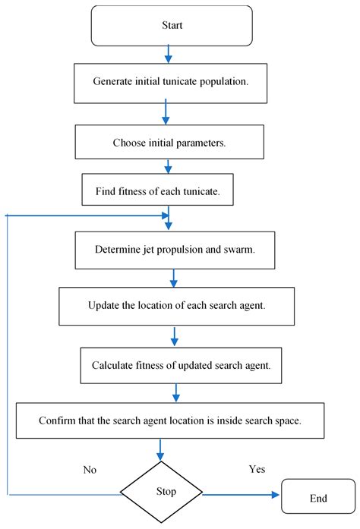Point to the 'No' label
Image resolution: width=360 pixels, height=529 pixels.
(90, 470)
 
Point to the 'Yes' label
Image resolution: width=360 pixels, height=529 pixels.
(257, 469)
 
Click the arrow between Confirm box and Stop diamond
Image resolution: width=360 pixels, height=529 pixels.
(160, 449)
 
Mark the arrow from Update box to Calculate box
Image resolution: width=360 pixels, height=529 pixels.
(175, 335)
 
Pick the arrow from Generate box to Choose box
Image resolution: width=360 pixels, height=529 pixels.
(166, 112)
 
